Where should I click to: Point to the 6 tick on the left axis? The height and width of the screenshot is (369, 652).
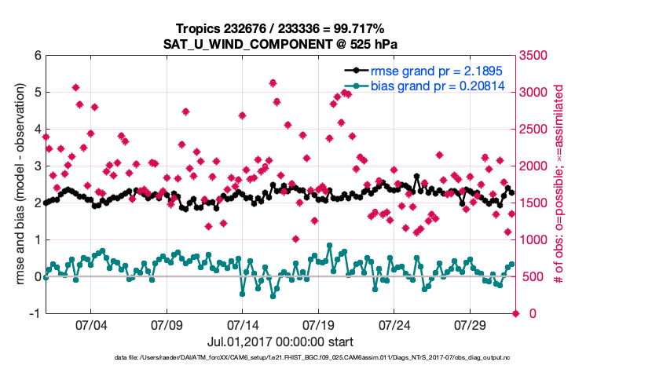[x=37, y=56]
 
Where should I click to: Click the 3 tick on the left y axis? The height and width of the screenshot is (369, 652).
[x=37, y=166]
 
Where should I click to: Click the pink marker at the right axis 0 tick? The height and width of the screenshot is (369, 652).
[x=516, y=313]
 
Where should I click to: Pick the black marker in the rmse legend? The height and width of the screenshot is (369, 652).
[x=357, y=71]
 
